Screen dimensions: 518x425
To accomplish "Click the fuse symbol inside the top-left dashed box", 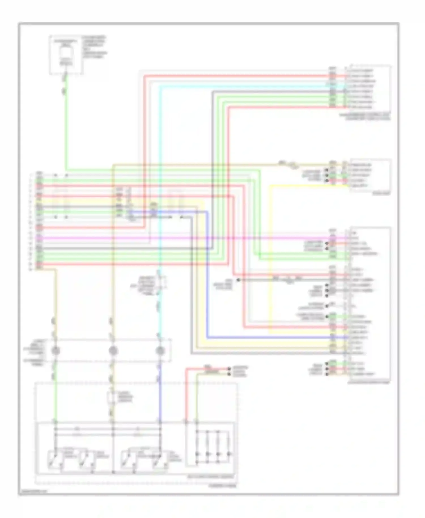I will [x=66, y=53].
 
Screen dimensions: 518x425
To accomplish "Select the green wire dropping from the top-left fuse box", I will [x=66, y=128].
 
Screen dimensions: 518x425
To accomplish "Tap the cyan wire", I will [x=160, y=170].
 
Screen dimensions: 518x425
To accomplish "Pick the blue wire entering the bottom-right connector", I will [x=269, y=337].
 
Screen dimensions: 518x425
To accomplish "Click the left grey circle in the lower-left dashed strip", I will [x=56, y=351].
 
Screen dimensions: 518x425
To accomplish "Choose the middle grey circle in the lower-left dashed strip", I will [x=113, y=351].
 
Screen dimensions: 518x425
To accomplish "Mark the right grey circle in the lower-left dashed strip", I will [x=160, y=351].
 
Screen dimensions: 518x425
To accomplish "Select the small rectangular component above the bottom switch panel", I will [x=111, y=398].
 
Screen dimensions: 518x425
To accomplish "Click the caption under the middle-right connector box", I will [x=381, y=194].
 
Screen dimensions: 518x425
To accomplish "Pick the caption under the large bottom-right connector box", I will [x=369, y=383].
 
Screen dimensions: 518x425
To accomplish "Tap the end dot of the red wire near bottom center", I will [x=229, y=369].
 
